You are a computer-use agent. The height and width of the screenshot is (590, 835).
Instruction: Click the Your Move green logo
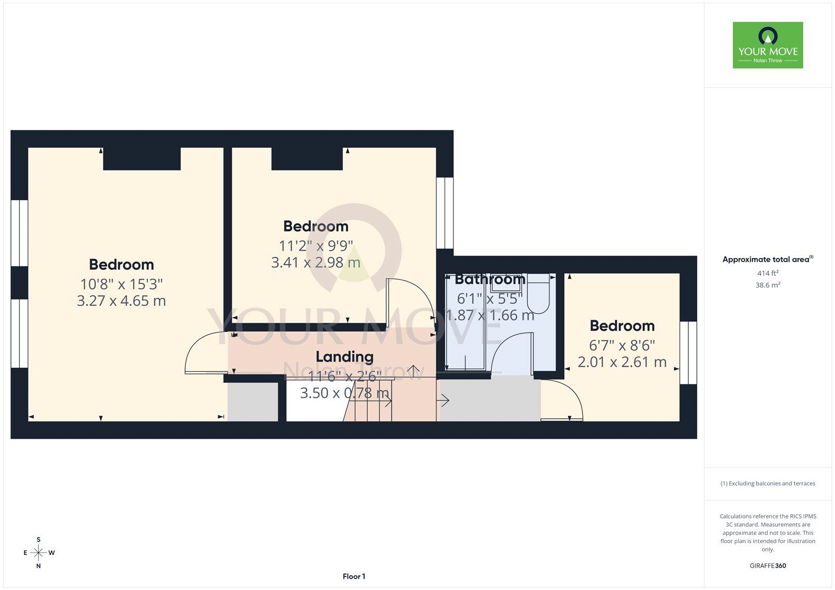click(768, 45)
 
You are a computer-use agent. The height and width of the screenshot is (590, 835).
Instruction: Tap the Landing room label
click(344, 357)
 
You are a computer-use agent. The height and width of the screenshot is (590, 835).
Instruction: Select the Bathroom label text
click(490, 279)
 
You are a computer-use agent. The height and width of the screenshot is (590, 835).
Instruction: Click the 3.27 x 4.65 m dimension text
click(121, 301)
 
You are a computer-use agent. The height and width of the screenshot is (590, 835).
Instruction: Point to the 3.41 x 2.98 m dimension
click(316, 262)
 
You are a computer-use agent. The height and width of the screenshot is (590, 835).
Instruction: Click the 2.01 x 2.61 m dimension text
click(622, 362)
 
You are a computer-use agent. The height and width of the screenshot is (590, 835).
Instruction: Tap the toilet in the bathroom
click(539, 293)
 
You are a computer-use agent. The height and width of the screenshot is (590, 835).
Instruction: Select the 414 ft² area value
click(768, 273)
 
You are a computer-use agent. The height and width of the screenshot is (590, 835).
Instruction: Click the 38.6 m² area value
click(768, 285)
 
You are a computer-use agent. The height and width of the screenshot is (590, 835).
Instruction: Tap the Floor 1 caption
click(354, 576)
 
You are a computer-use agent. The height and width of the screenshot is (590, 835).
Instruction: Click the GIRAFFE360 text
click(768, 565)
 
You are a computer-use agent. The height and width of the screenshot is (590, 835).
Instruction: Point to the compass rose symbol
click(39, 552)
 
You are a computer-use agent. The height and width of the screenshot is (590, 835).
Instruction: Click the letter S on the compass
click(39, 539)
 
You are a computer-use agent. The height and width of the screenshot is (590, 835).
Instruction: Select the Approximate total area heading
click(768, 259)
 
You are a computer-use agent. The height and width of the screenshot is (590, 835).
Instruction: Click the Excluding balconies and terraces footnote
click(768, 484)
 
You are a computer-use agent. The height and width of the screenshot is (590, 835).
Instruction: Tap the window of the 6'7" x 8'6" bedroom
click(688, 353)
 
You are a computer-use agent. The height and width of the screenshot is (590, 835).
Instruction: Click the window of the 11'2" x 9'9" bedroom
click(445, 213)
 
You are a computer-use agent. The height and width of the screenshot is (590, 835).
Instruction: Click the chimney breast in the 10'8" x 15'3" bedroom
click(142, 159)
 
